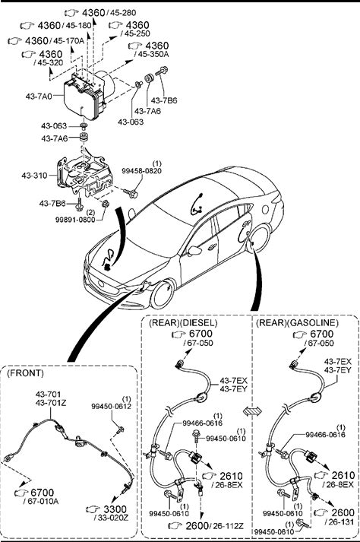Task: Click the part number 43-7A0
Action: click(x=38, y=96)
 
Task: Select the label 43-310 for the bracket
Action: click(x=34, y=176)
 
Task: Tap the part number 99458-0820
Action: click(x=142, y=171)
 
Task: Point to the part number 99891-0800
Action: click(x=75, y=219)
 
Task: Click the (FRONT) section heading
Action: click(x=26, y=373)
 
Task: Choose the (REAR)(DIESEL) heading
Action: click(x=183, y=323)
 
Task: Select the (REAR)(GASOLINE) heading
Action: click(x=297, y=323)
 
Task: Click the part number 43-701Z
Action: click(x=51, y=403)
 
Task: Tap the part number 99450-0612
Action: click(x=111, y=407)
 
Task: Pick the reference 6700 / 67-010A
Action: click(x=37, y=496)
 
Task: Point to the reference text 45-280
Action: click(x=123, y=13)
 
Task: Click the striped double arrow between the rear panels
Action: click(x=253, y=411)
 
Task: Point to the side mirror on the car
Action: click(x=194, y=250)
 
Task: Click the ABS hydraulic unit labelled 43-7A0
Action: click(x=90, y=94)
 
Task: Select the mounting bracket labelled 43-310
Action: click(x=84, y=176)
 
